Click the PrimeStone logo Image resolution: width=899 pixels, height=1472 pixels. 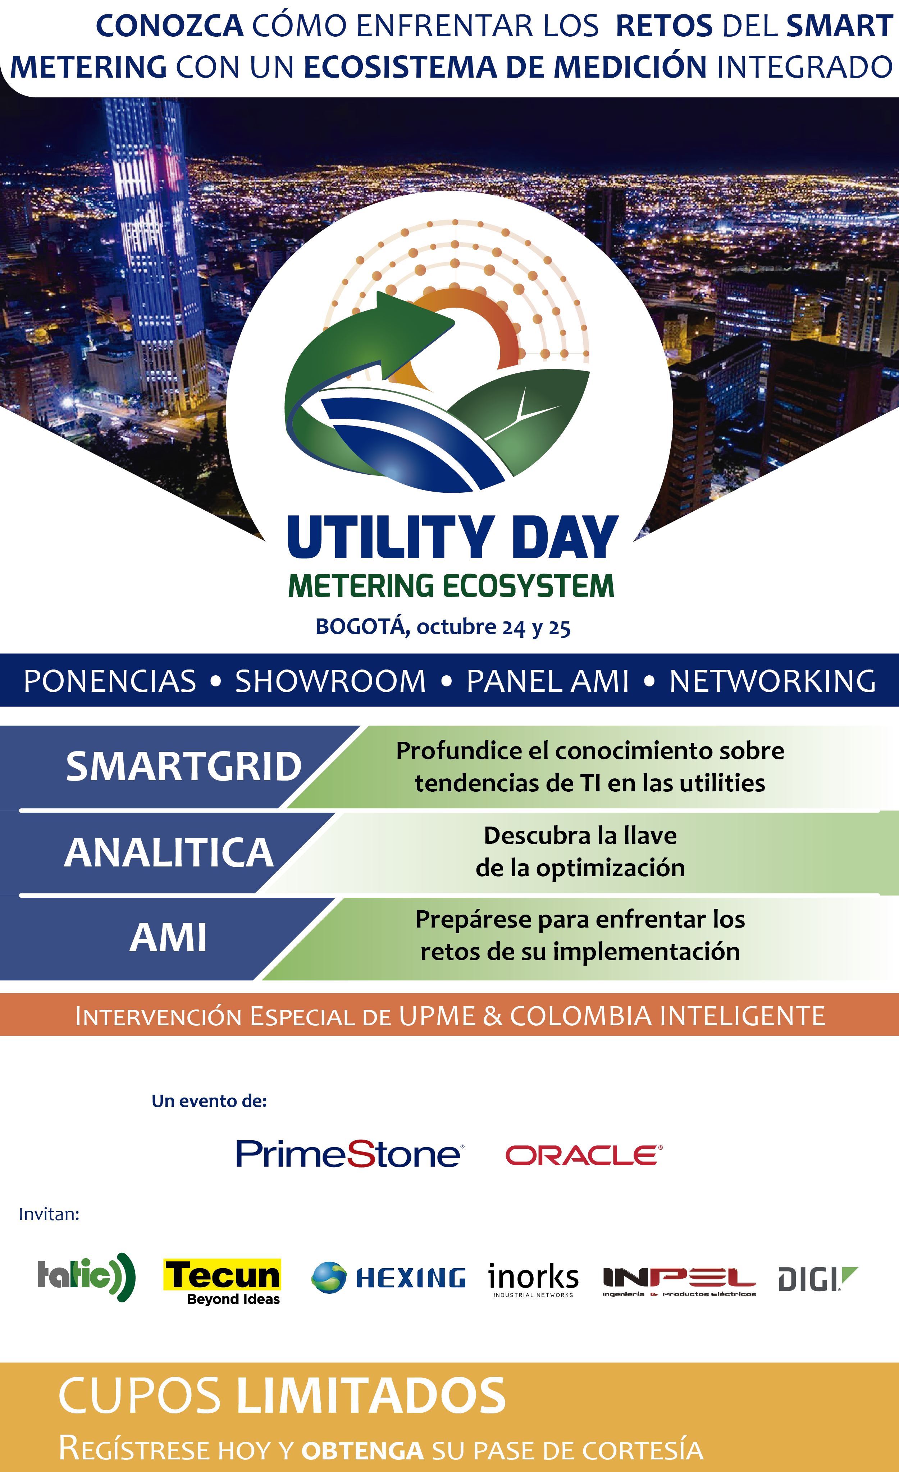[x=350, y=1154]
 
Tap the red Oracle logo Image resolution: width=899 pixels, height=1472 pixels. [x=584, y=1155]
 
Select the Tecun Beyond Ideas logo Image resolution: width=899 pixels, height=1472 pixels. [x=222, y=1282]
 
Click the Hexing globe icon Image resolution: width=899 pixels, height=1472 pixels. [x=329, y=1278]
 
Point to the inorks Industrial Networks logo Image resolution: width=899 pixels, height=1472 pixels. [x=533, y=1280]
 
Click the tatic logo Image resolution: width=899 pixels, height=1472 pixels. [x=87, y=1277]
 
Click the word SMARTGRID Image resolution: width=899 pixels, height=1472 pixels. [x=183, y=767]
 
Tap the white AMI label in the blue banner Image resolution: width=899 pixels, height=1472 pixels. [x=169, y=937]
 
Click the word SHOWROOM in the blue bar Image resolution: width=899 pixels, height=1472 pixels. [x=330, y=681]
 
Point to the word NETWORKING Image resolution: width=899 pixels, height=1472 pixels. [x=772, y=681]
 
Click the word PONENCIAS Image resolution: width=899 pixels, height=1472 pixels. [x=110, y=681]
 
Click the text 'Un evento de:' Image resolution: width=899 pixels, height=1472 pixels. [x=209, y=1101]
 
